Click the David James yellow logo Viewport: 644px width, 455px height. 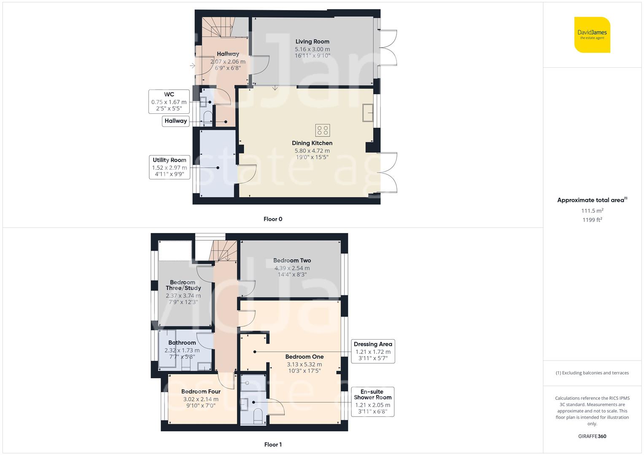tap(592, 35)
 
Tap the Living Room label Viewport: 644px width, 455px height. tap(312, 41)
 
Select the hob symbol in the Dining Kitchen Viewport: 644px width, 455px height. tap(322, 130)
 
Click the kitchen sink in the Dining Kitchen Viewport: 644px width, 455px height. tap(367, 113)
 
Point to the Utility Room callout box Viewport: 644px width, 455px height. tap(169, 167)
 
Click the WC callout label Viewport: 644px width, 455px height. tap(169, 102)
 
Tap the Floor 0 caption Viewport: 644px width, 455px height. tap(272, 219)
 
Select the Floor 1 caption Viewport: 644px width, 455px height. tap(272, 444)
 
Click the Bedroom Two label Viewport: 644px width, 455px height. tap(292, 260)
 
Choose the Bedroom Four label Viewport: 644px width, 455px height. tap(201, 391)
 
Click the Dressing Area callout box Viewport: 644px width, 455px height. tap(373, 351)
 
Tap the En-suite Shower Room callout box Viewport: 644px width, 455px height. tap(372, 401)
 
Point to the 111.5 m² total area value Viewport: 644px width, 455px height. tap(592, 211)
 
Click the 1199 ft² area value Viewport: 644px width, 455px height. tap(592, 220)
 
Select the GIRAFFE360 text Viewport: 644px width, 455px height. tap(592, 436)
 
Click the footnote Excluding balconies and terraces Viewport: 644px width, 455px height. tap(592, 373)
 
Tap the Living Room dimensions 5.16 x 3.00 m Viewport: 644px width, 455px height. tap(312, 49)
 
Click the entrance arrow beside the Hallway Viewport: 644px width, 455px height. tap(192, 66)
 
